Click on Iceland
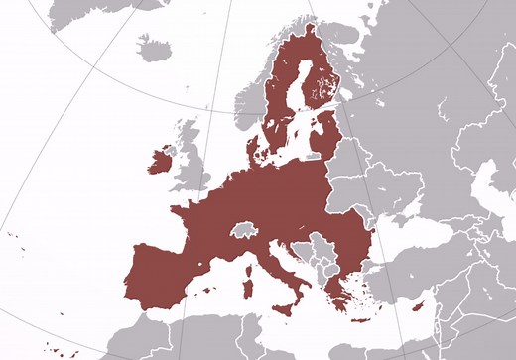(x=154, y=48)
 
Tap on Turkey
(x=427, y=273)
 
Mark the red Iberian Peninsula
(x=164, y=273)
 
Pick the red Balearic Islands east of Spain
(x=208, y=289)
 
